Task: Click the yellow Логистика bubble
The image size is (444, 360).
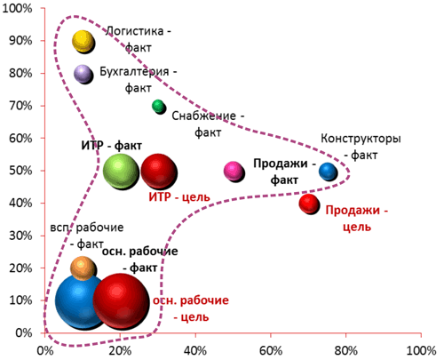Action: pos(83,42)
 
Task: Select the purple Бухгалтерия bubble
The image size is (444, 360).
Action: pos(83,74)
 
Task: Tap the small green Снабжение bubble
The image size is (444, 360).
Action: pos(159,107)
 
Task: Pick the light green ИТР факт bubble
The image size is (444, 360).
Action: pos(121,172)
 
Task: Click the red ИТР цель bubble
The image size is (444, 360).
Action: pos(159,172)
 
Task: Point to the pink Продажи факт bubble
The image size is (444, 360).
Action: pos(234,172)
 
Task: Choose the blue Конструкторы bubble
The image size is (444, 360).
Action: pos(328,172)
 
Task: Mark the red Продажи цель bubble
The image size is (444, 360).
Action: pos(309,204)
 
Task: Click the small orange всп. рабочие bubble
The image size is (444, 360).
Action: pos(83,268)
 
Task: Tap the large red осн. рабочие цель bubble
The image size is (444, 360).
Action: pos(122,301)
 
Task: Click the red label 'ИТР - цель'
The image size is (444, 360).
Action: pos(179,197)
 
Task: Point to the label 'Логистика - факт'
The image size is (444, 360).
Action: pos(139,39)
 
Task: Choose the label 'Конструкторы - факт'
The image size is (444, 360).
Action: pos(361,147)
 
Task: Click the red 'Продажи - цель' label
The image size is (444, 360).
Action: pos(357,219)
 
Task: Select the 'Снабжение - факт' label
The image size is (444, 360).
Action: pos(208,124)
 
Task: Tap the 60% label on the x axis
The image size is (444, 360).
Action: pos(271,351)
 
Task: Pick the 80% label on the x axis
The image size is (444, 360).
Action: pos(345,351)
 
